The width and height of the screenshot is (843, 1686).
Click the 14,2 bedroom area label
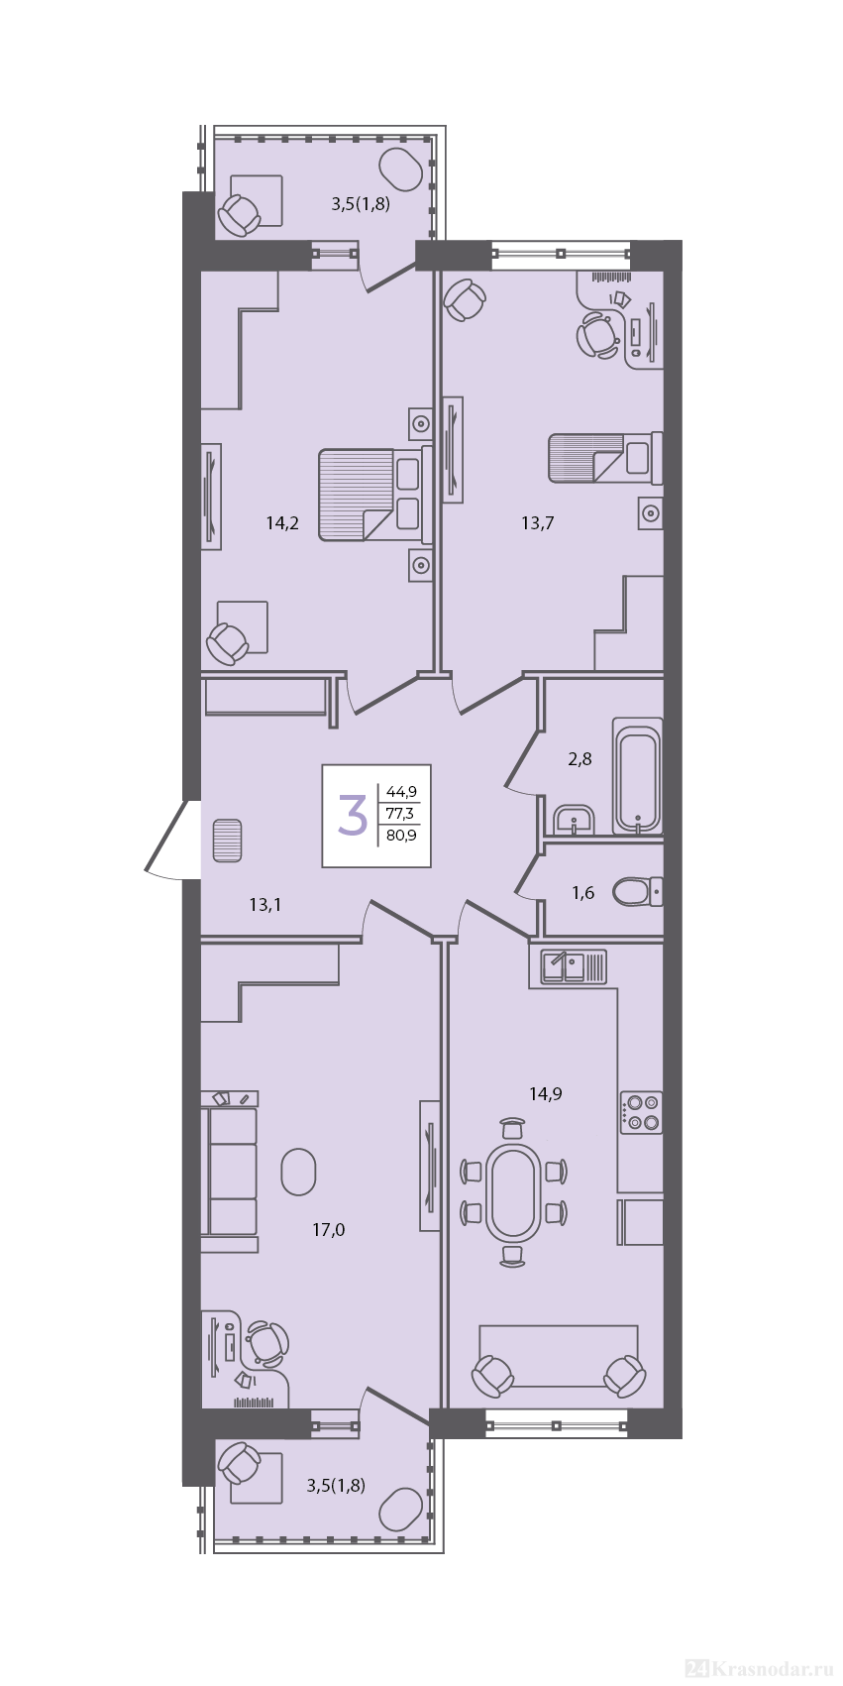pos(282,523)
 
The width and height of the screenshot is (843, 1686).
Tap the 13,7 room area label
pos(537,523)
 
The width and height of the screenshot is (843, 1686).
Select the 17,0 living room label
pos(329,1230)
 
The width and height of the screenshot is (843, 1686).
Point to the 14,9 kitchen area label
pos(545,1093)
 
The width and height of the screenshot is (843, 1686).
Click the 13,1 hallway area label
pos(264,905)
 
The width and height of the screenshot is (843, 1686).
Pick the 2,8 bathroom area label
pos(580,758)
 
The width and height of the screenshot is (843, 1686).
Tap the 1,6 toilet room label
pos(582,893)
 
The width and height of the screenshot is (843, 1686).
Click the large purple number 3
pos(352,815)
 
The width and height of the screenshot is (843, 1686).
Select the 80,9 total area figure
pos(401,834)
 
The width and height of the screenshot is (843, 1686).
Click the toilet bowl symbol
pos(637,892)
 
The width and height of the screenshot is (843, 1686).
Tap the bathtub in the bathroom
pos(637,776)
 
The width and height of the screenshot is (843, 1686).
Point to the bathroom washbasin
pos(574,820)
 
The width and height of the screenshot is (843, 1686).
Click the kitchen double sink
pos(573,966)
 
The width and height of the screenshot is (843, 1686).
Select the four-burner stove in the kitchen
pos(641,1112)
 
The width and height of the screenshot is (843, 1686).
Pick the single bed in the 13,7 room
pos(605,458)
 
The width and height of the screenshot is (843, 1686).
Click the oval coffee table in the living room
pos(298,1171)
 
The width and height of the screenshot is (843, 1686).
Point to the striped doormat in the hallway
pos(228,841)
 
